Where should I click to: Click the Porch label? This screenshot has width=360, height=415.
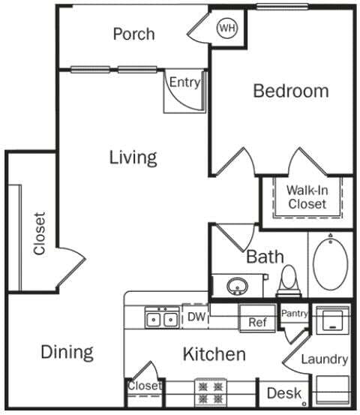pos(133,34)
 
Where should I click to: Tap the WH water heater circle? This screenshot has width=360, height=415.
pos(226,29)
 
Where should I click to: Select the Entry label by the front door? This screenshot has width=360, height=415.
pos(184,83)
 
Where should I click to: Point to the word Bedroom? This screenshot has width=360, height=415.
pos(290,91)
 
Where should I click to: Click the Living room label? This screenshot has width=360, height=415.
pos(133,158)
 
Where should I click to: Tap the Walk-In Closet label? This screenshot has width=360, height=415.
pos(306,197)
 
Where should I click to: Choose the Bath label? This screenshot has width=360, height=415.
pos(265,257)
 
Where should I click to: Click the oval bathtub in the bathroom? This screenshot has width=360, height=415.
pos(331,263)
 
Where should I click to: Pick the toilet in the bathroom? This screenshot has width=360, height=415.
pos(288,281)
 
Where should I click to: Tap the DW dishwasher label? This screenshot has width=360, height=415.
pos(196,316)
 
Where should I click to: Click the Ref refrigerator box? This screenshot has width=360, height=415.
pos(257,322)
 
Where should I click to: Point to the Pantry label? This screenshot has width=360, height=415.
pos(294,313)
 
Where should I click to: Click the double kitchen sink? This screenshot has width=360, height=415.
pos(162,319)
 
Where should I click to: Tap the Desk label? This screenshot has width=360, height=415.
pos(283,392)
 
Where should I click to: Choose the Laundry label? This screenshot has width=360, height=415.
pos(324,359)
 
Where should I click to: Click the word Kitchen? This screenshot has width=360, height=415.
pos(214,354)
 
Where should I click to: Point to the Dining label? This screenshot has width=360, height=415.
pos(67,352)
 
